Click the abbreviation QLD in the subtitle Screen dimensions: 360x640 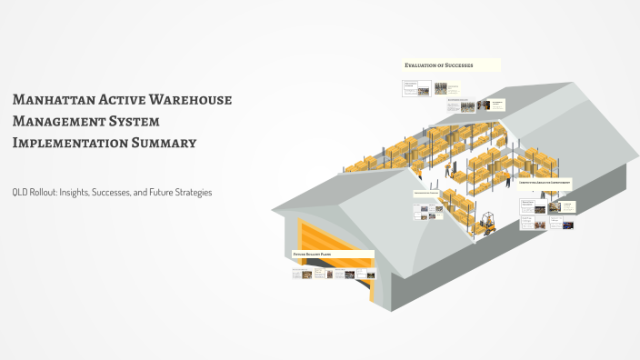[x=22, y=193]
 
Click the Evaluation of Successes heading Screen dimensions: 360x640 [x=439, y=65]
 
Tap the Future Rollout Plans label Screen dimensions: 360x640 [x=312, y=254]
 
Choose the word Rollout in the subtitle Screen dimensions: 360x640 [x=48, y=193]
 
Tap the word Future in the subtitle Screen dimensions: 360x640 [x=158, y=193]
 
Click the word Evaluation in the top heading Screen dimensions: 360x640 [x=424, y=65]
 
